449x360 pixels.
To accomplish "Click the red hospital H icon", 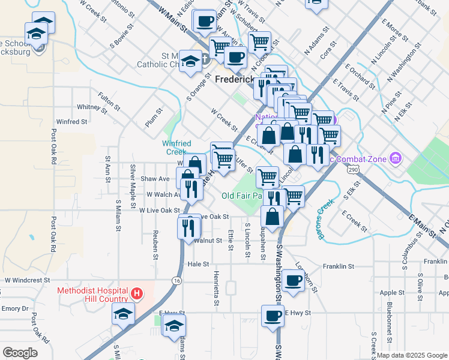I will click(x=137, y=293).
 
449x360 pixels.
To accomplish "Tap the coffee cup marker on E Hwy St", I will click(x=272, y=316).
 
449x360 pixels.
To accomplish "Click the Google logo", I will click(x=20, y=353).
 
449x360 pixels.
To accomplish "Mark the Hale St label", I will click(x=197, y=264).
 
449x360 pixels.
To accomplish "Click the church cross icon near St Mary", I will click(x=205, y=59).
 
